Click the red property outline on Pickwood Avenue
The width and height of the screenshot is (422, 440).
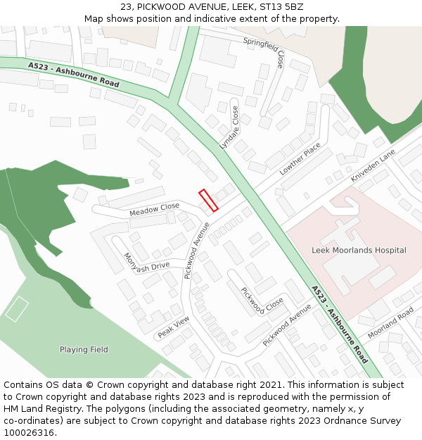click(x=208, y=200)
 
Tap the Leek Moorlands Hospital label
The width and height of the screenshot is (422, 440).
click(x=359, y=250)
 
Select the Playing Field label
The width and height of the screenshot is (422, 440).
click(x=84, y=350)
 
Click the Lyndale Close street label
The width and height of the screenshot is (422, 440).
click(x=229, y=127)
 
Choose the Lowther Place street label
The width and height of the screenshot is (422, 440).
click(x=300, y=158)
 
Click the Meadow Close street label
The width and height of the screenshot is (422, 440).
click(x=154, y=210)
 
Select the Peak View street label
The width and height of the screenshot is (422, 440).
click(x=174, y=327)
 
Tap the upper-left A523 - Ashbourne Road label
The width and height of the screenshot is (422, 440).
click(x=74, y=73)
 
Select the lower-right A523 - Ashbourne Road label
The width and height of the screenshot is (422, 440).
click(x=339, y=324)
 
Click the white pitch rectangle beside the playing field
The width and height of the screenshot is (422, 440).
click(x=17, y=309)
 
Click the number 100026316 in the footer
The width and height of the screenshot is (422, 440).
click(x=30, y=432)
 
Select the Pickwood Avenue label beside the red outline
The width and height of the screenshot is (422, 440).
click(x=197, y=251)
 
